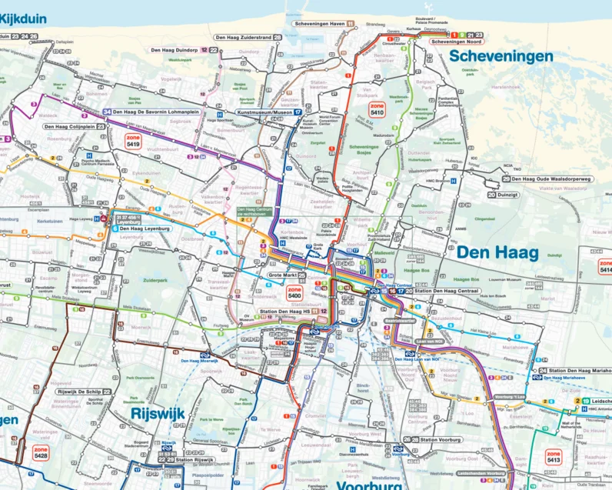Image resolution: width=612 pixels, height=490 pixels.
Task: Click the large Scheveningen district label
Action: pos(501,57)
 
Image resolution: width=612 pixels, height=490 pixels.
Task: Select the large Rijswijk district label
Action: pos(157,414)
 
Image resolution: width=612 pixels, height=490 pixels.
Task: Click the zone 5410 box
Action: pos(377,108)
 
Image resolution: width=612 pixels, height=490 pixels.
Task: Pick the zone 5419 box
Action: pos(133,140)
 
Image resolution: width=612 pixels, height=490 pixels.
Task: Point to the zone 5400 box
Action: pos(294,292)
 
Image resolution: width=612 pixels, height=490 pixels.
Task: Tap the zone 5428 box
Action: pos(41,454)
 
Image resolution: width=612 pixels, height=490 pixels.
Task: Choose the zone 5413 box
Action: pos(554,456)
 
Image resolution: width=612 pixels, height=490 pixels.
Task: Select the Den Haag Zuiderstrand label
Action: pos(243,37)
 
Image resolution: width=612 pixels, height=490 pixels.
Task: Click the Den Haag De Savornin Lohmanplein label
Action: pos(155,112)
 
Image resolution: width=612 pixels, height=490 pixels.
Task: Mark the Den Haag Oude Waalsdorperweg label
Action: pos(549,179)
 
